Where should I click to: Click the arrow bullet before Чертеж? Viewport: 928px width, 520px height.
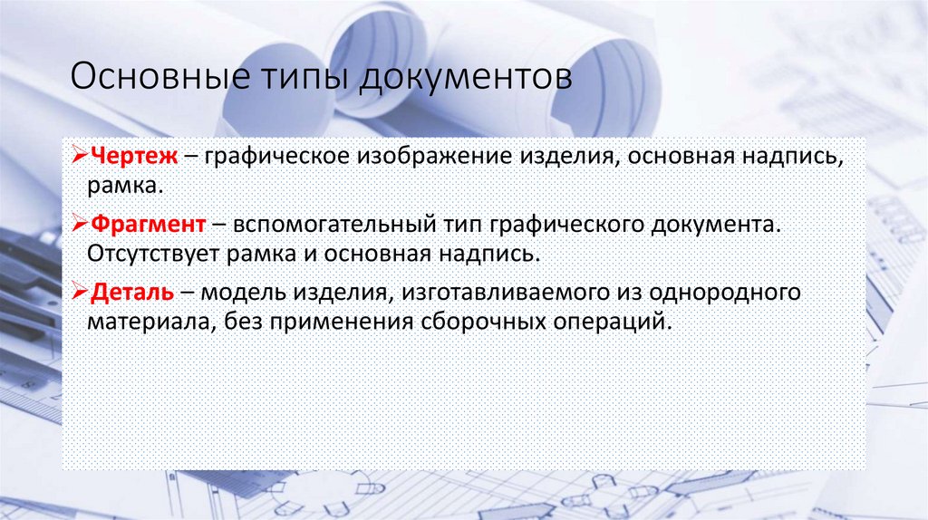[79, 159]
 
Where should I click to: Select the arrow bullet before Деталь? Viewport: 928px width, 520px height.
[79, 293]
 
